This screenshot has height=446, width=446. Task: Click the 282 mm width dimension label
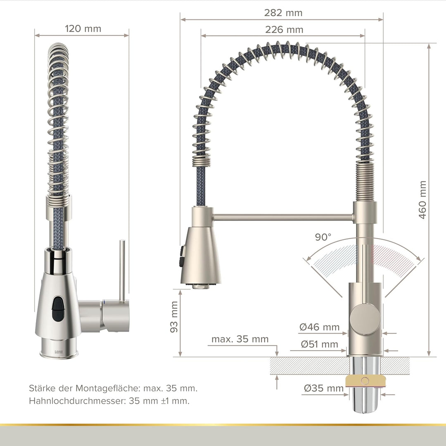coord(283,13)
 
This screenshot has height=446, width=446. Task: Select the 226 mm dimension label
coord(283,30)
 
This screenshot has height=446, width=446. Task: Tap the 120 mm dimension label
coord(83,28)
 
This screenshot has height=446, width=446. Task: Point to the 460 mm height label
coord(422,200)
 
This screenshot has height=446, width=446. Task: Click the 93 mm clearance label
coord(174,317)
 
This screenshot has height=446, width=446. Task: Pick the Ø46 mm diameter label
coord(320,327)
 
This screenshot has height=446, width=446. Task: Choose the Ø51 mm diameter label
coord(320,344)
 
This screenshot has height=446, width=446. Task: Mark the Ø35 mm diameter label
coord(324,388)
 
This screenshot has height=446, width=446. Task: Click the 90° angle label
coord(323,237)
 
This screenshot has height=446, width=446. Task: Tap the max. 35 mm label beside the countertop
coord(240,339)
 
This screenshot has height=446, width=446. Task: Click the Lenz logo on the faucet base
coord(59,351)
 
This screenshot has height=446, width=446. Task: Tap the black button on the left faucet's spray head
coord(57,308)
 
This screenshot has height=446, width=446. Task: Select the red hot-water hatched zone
coord(390,256)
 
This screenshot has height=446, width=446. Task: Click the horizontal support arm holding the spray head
coord(283,216)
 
